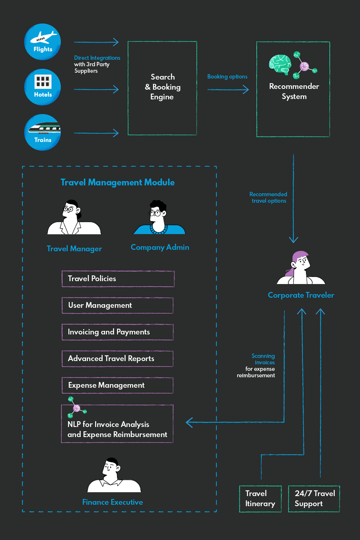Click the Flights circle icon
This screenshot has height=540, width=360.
pyautogui.click(x=42, y=42)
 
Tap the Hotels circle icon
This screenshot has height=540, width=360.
pyautogui.click(x=42, y=87)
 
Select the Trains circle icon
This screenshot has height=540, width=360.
pyautogui.click(x=42, y=132)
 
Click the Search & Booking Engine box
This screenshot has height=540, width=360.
pyautogui.click(x=162, y=88)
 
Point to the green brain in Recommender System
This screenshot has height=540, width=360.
pyautogui.click(x=280, y=64)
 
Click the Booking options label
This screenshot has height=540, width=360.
pyautogui.click(x=227, y=77)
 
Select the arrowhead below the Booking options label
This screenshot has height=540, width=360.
pyautogui.click(x=246, y=89)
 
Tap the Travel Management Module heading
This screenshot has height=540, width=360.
pyautogui.click(x=117, y=183)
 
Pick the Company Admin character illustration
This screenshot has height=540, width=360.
pyautogui.click(x=159, y=218)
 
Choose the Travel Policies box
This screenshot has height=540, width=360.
pyautogui.click(x=118, y=279)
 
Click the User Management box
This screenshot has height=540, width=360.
pyautogui.click(x=118, y=305)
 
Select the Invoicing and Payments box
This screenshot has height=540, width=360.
pyautogui.click(x=118, y=332)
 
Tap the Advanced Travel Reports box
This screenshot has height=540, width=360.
pyautogui.click(x=118, y=359)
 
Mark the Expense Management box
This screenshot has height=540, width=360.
pyautogui.click(x=118, y=385)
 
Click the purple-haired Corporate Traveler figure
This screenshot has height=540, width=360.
pyautogui.click(x=301, y=269)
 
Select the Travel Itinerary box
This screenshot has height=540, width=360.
pyautogui.click(x=260, y=499)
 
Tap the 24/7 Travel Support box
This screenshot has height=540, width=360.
pyautogui.click(x=314, y=499)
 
